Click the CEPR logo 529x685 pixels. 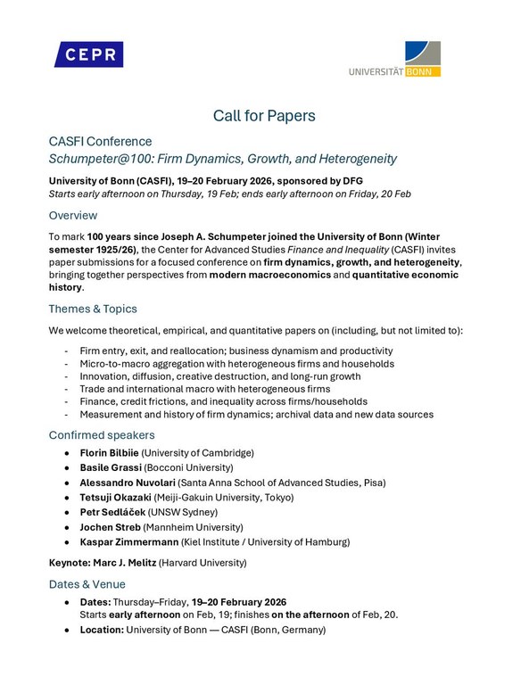(x=88, y=54)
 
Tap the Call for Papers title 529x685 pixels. (x=264, y=115)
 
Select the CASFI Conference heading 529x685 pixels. (x=100, y=141)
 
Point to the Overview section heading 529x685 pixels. (x=73, y=215)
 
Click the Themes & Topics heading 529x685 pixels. (x=93, y=309)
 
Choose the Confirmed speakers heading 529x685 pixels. (x=102, y=434)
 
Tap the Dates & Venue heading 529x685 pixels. (x=91, y=583)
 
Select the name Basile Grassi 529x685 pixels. (x=111, y=467)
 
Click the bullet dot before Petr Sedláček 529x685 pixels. (x=69, y=512)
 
